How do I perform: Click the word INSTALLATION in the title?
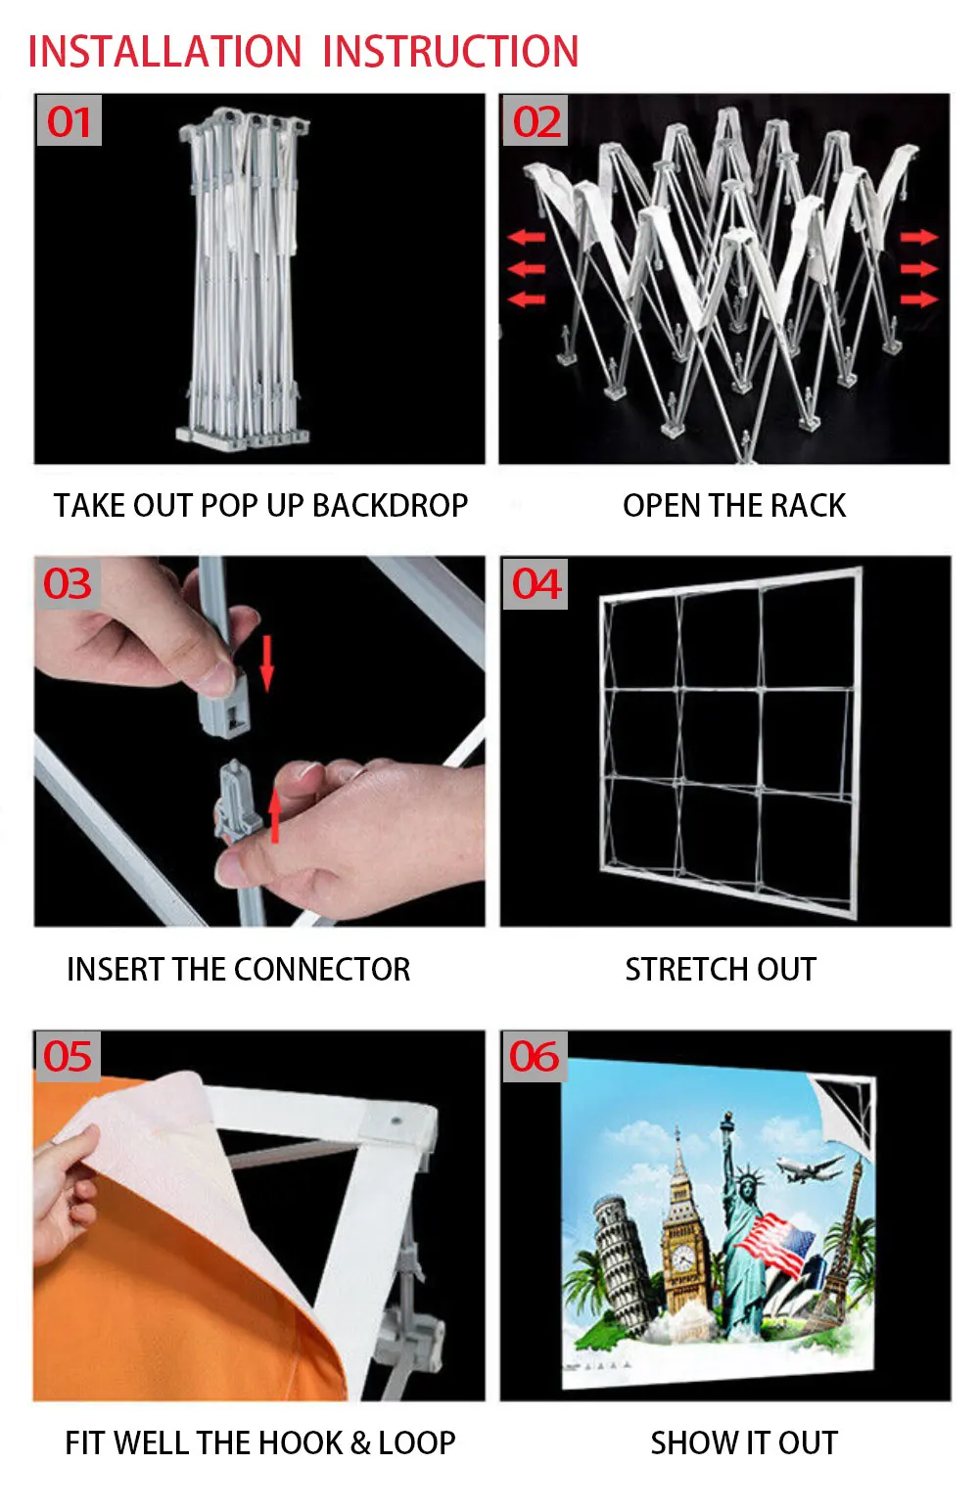[x=164, y=52]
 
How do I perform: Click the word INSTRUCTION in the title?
[x=450, y=52]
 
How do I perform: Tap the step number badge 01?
[x=69, y=121]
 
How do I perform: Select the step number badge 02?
[x=536, y=121]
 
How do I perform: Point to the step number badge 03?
[x=67, y=584]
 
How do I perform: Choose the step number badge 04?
[x=536, y=584]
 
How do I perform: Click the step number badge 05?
[x=67, y=1057]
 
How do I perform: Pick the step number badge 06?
[x=534, y=1057]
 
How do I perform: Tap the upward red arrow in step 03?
[x=275, y=815]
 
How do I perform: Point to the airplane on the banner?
[x=809, y=1167]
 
